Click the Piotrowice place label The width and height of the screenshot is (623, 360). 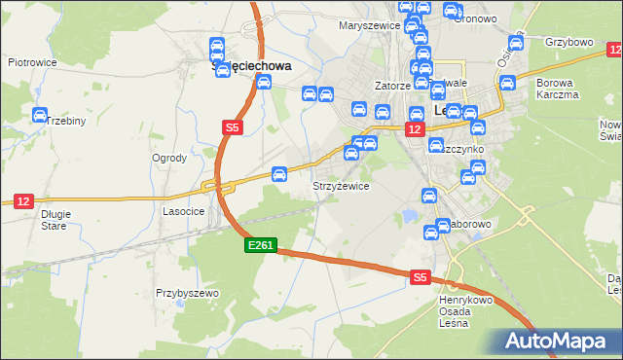click(x=31, y=62)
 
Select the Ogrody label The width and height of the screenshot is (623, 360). click(x=169, y=158)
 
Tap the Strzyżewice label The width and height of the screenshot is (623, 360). click(x=340, y=186)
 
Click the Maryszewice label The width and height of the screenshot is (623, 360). click(x=368, y=25)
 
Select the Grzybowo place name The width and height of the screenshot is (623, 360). click(x=570, y=43)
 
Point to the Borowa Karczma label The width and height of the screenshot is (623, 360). click(x=558, y=90)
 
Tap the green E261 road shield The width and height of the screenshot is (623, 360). click(x=261, y=247)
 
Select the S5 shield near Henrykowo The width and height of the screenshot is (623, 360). click(x=420, y=277)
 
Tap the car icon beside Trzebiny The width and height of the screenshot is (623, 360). click(x=40, y=116)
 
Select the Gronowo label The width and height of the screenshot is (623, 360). click(x=476, y=18)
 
